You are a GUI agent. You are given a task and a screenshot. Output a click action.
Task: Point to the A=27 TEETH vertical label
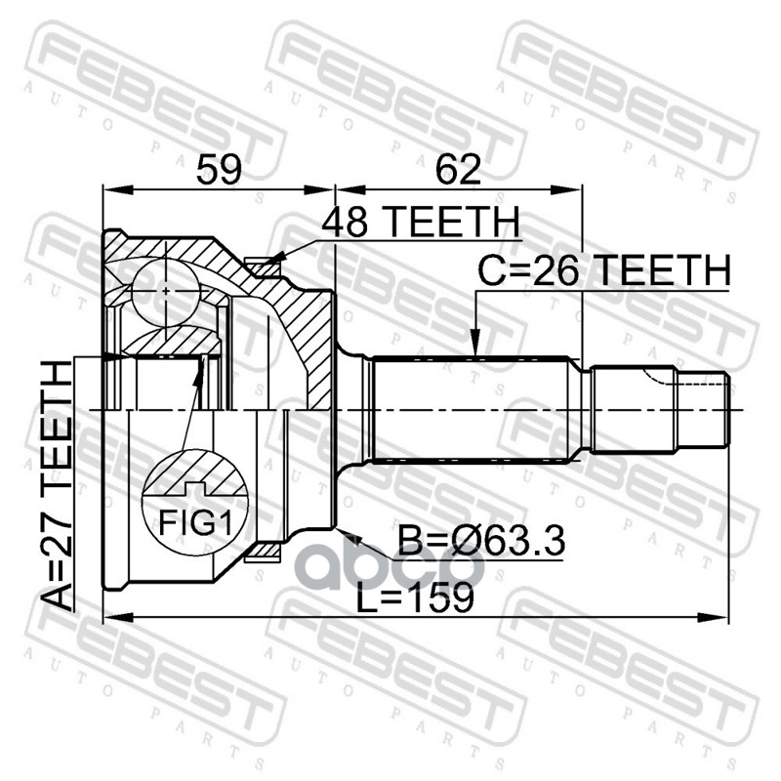click(58, 486)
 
